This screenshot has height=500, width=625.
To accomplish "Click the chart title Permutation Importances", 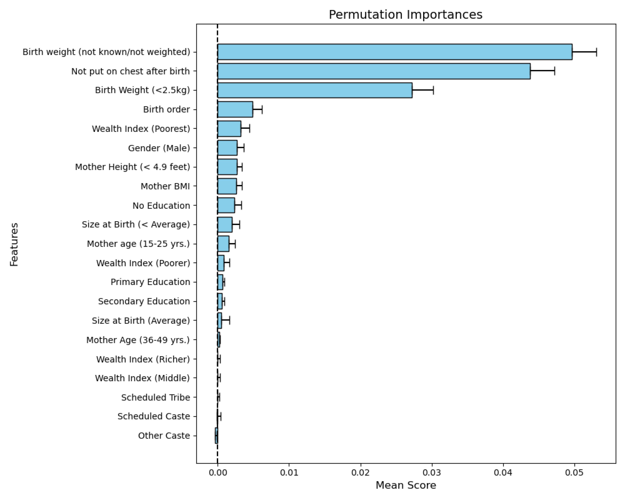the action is [x=406, y=15].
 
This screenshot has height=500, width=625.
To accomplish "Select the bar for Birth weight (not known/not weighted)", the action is [x=395, y=52].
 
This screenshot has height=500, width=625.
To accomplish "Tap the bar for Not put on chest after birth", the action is [x=374, y=71].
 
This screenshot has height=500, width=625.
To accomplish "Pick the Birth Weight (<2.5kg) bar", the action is [x=315, y=90].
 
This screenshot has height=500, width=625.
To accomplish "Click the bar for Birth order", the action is [x=235, y=109].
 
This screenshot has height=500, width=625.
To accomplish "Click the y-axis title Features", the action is [x=14, y=244].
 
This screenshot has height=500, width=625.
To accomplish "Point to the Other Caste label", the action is [x=164, y=436].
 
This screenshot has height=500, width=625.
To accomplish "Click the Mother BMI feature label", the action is [x=165, y=186].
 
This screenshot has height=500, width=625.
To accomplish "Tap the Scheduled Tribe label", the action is [x=156, y=397].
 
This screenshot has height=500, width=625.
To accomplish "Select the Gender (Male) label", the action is [x=159, y=148].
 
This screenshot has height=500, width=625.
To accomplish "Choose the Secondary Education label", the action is [x=144, y=301].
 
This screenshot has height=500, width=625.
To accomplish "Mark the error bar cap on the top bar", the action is [x=597, y=52].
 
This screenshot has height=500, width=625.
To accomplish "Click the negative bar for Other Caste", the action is [x=216, y=436].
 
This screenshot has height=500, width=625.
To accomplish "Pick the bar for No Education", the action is [x=226, y=205].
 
